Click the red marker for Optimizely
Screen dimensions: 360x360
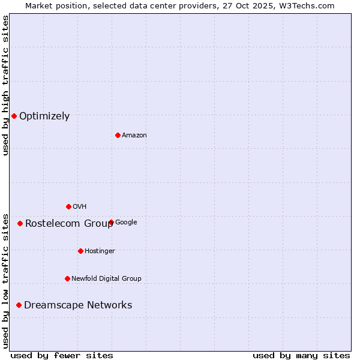click(14, 116)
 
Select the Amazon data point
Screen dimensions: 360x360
click(118, 135)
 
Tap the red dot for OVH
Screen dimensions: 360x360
click(68, 206)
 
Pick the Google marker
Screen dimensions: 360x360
click(111, 222)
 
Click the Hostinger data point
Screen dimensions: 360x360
click(80, 251)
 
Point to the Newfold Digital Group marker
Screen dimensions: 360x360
click(67, 278)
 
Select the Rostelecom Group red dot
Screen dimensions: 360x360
click(20, 223)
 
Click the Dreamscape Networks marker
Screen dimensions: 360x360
click(19, 305)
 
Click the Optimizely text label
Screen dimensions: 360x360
click(44, 116)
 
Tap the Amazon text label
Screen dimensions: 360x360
click(134, 136)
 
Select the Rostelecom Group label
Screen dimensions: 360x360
click(69, 224)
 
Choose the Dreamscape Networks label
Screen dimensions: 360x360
click(78, 305)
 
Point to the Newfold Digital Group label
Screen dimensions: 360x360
click(106, 278)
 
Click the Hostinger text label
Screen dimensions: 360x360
click(100, 251)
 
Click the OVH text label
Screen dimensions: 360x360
click(80, 207)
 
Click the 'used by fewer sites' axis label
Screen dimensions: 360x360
click(62, 355)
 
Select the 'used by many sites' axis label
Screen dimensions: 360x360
click(301, 355)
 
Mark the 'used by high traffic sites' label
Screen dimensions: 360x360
click(5, 85)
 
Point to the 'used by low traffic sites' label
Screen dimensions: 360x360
click(5, 281)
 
